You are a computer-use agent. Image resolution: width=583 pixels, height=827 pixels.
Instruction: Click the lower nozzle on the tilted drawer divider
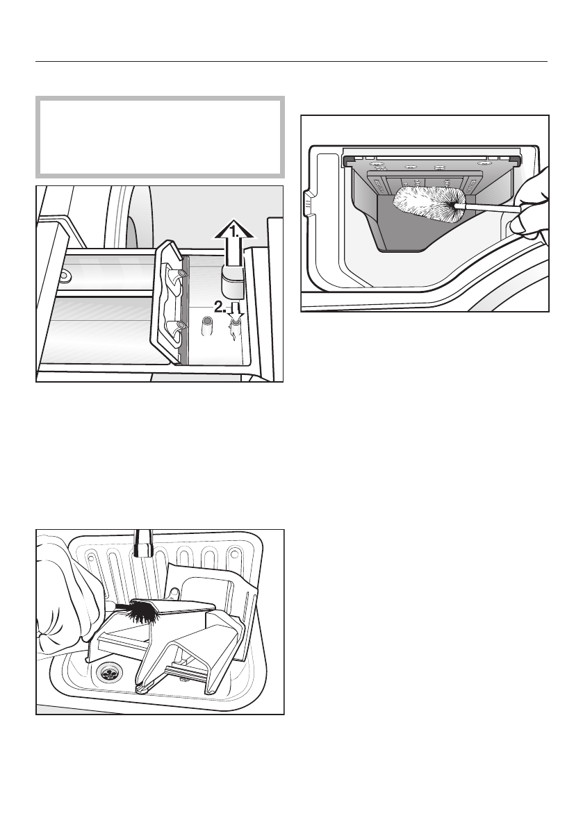click(181, 325)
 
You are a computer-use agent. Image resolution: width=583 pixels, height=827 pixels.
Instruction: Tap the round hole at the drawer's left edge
click(63, 276)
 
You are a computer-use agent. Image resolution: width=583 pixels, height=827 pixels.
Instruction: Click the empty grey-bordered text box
click(160, 136)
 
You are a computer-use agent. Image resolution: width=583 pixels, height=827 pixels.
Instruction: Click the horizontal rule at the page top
click(292, 61)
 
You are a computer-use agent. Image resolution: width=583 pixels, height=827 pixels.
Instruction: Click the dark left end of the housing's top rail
click(347, 160)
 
